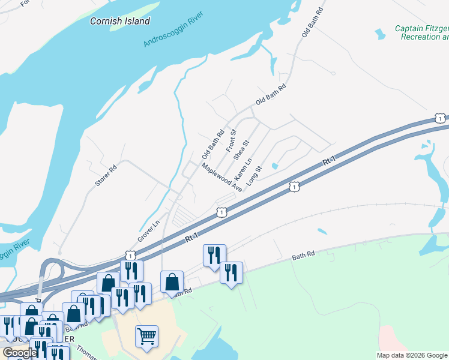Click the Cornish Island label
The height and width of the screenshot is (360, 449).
pos(120,21)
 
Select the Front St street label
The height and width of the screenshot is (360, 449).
pos(231,140)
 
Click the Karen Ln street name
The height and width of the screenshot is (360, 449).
pos(243,172)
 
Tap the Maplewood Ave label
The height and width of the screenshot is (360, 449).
pos(221,177)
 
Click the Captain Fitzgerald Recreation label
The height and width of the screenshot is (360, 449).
pos(421,32)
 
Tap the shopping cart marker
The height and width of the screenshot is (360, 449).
pos(146,336)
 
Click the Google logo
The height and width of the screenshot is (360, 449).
pos(20,353)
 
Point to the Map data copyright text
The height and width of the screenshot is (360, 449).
pos(412,355)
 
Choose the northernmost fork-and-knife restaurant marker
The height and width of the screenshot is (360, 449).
pos(214,255)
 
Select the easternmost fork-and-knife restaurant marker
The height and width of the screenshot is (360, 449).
pos(231,272)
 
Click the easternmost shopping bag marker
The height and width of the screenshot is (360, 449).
pos(172,281)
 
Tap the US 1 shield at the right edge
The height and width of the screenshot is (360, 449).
pos(441,118)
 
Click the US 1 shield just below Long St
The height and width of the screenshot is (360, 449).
pos(294,187)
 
